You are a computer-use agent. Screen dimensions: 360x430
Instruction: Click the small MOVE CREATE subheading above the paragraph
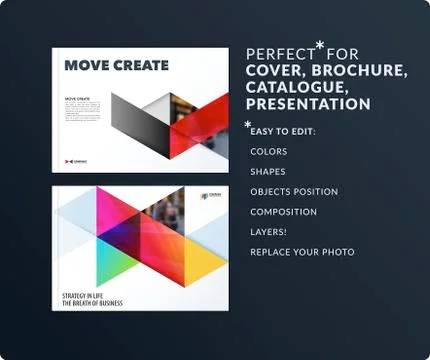point(80,100)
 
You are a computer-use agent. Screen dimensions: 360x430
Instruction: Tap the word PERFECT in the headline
point(279,53)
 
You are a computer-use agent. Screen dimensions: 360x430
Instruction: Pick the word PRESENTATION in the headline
point(308,104)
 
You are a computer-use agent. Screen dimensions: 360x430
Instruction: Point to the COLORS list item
point(269,151)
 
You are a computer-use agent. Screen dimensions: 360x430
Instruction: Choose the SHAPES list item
point(268,171)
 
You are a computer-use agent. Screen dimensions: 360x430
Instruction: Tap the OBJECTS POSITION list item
point(294,191)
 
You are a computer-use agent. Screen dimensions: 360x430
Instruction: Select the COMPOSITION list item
point(284,211)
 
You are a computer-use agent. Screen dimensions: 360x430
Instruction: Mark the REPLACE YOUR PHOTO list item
point(302,251)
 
